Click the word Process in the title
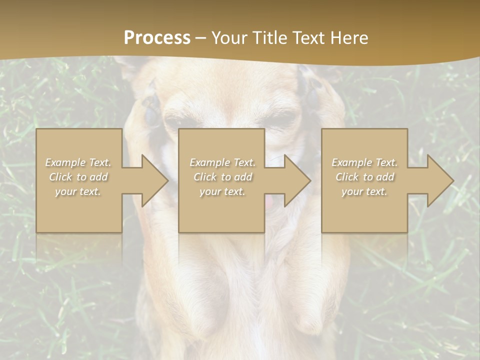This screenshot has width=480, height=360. (157, 38)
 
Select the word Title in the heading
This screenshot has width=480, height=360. (270, 38)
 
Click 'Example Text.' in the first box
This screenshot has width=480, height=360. (78, 162)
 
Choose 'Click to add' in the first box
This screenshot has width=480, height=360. (78, 177)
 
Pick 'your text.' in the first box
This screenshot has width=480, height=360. (78, 191)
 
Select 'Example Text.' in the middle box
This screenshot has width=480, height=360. (222, 162)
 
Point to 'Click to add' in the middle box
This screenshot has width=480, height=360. (222, 177)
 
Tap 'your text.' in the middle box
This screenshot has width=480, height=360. (222, 191)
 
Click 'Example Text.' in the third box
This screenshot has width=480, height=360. (364, 162)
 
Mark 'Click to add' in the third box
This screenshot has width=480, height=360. (364, 177)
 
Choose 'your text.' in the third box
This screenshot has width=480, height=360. (364, 191)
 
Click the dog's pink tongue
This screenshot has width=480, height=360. (270, 202)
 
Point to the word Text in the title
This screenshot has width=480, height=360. (309, 38)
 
